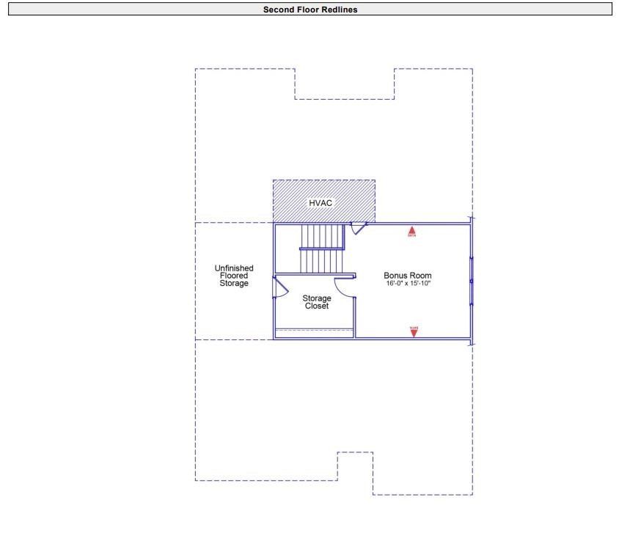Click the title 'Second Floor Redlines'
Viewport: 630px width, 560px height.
[x=310, y=10]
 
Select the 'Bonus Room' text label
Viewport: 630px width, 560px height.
[x=408, y=276]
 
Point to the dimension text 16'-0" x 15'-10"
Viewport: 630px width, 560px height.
[x=408, y=283]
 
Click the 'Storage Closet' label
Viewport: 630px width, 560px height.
[x=317, y=302]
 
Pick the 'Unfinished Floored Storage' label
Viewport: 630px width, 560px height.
[x=234, y=276]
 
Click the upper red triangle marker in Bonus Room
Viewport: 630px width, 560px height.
[x=412, y=232]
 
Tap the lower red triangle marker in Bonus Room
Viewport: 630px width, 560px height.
[x=414, y=331]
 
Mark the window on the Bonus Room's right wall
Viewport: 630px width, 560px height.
[x=471, y=281]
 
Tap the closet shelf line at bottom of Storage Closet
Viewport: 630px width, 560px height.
[x=315, y=331]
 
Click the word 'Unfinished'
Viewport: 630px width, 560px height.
[x=234, y=268]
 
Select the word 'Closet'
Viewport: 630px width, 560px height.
[x=317, y=306]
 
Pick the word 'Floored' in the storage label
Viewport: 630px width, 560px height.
[x=234, y=276]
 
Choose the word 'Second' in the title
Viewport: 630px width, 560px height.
[x=277, y=10]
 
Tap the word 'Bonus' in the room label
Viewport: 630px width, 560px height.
[x=396, y=276]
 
